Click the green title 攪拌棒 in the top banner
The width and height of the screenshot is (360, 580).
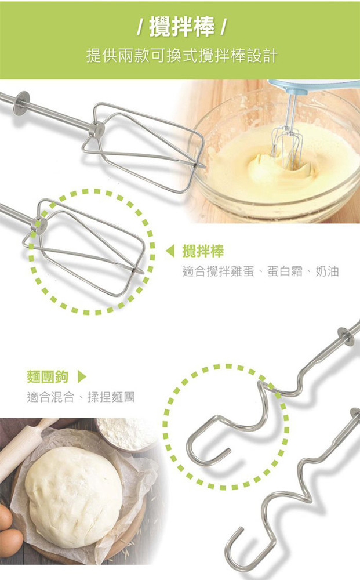click(181, 27)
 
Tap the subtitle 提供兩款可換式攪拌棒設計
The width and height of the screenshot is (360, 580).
click(181, 56)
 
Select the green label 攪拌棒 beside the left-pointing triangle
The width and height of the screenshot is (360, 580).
click(203, 252)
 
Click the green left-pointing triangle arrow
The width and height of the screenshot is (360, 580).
click(170, 251)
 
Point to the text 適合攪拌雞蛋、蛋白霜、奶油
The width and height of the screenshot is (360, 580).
click(260, 271)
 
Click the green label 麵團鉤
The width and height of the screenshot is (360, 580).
click(48, 376)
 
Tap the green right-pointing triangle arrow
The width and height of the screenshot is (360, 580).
click(82, 376)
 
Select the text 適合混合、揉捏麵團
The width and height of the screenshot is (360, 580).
click(81, 397)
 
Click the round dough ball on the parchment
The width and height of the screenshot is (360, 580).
click(74, 495)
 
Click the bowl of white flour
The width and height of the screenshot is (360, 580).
click(126, 433)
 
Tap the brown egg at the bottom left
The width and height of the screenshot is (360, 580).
click(10, 542)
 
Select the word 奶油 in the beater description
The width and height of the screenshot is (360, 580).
click(327, 271)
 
